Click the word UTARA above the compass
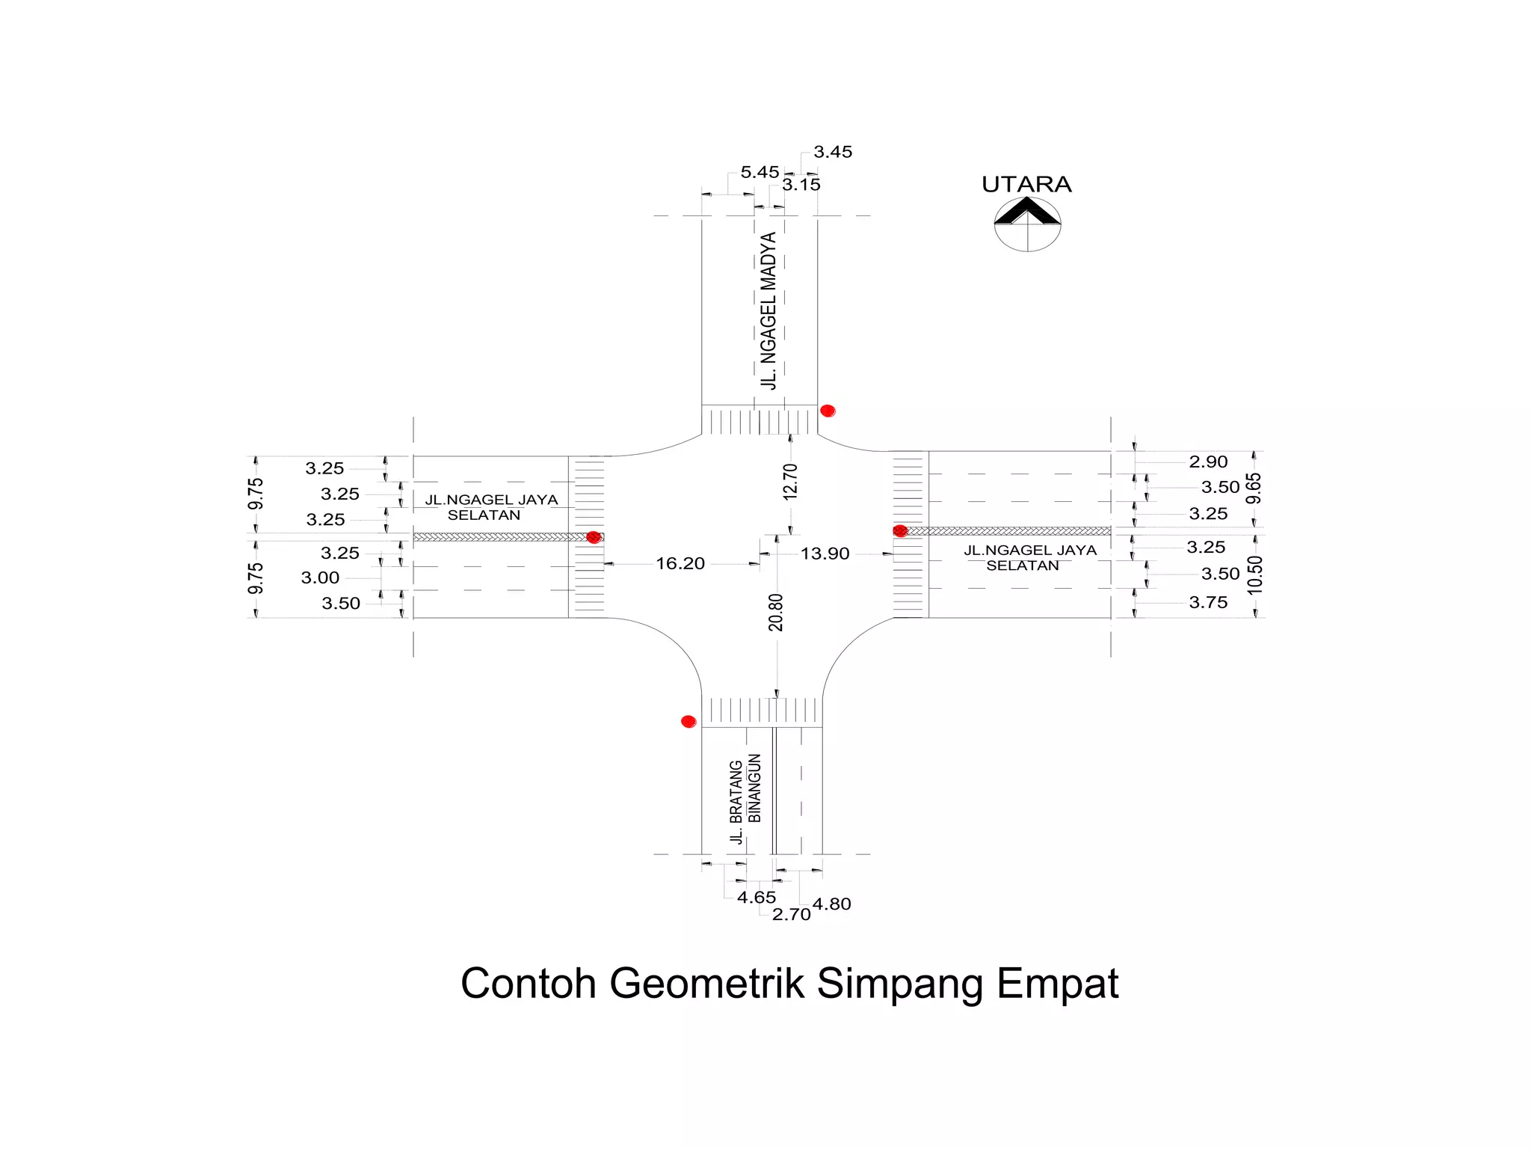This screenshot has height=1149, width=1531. (1026, 184)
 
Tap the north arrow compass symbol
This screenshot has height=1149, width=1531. (1027, 223)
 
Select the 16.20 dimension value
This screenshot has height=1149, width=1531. (680, 563)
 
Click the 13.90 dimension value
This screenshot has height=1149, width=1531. (825, 554)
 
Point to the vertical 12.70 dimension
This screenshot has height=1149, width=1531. (790, 482)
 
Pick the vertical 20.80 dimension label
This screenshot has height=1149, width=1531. (776, 612)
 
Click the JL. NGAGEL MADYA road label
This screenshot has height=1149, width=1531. (768, 310)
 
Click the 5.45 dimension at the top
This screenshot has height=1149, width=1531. (760, 172)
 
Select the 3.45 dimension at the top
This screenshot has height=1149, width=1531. (833, 152)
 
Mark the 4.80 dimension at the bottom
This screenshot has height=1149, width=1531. (831, 904)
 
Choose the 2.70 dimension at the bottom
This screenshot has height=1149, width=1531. (791, 914)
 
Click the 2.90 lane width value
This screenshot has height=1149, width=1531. (1208, 462)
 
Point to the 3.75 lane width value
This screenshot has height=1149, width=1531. (1208, 602)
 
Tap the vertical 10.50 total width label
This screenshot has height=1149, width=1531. (1254, 574)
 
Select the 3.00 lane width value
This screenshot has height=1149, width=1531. (320, 577)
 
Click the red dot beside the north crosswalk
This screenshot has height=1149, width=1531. (828, 411)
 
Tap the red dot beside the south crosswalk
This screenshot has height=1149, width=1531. (689, 721)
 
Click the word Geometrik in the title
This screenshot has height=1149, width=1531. (706, 983)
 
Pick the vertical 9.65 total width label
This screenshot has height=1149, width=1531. (1254, 488)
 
